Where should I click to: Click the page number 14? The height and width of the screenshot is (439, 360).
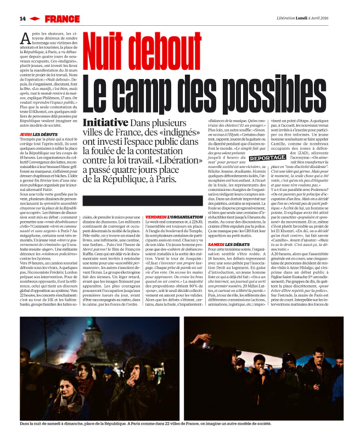tap(22, 18)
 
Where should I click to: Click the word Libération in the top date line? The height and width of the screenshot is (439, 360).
tap(290, 18)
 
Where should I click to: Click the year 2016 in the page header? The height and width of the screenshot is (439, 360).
tap(344, 18)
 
